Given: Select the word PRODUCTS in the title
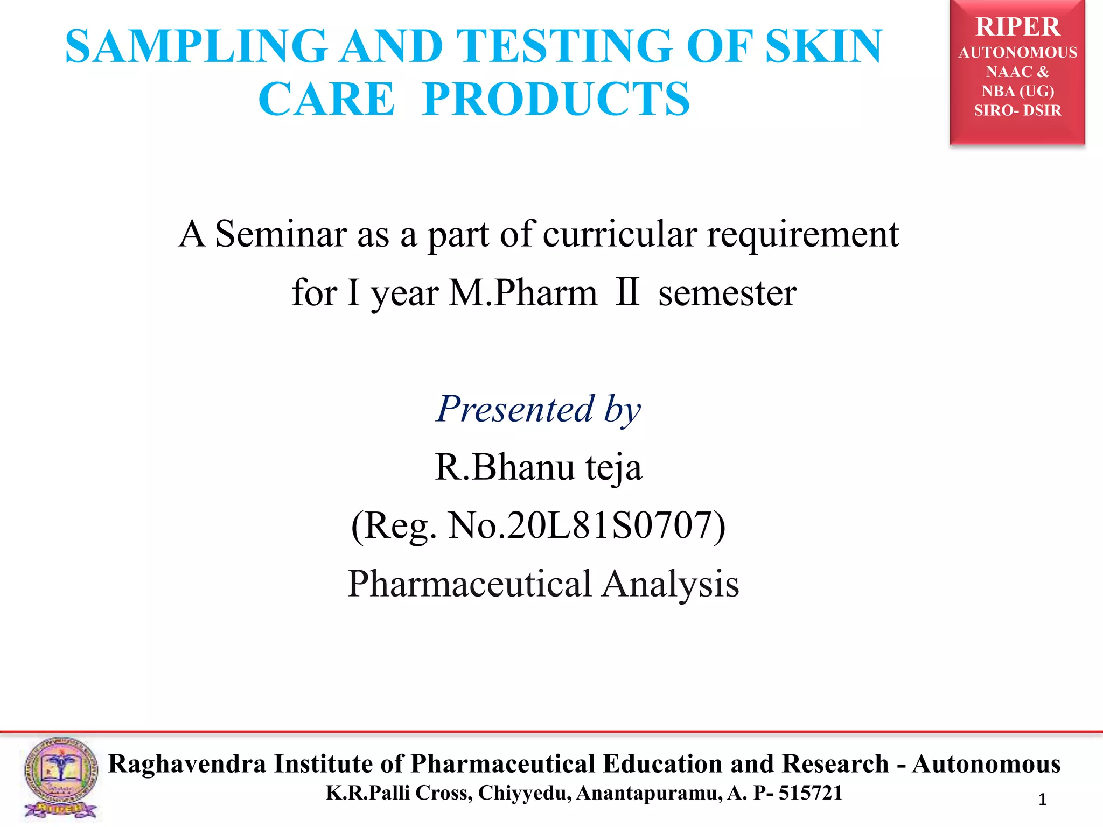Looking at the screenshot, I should pyautogui.click(x=556, y=100).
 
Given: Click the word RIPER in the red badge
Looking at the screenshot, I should pyautogui.click(x=1017, y=27).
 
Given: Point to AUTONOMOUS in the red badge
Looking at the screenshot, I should pyautogui.click(x=1017, y=53).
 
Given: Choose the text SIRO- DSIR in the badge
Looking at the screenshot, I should pyautogui.click(x=1017, y=110).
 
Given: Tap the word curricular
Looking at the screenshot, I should pyautogui.click(x=619, y=235).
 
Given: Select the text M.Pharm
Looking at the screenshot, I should pyautogui.click(x=523, y=293).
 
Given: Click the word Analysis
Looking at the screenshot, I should pyautogui.click(x=671, y=584).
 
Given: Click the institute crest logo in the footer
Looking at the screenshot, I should pyautogui.click(x=61, y=778).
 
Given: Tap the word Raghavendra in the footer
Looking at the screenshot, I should pyautogui.click(x=187, y=764).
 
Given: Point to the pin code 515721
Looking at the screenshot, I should pyautogui.click(x=810, y=793).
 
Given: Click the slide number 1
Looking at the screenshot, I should pyautogui.click(x=1042, y=800).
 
